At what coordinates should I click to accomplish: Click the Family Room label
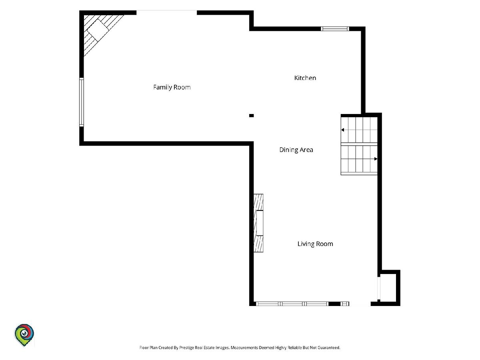(172, 88)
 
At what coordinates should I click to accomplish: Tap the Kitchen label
(305, 78)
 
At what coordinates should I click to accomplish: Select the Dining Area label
(296, 150)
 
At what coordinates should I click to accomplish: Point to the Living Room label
(315, 244)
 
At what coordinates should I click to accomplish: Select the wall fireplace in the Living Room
(258, 223)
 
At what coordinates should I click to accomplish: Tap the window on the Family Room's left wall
(81, 102)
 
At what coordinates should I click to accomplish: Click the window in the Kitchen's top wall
(335, 29)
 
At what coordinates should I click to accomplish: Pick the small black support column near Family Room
(252, 116)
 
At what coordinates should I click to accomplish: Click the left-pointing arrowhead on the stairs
(343, 130)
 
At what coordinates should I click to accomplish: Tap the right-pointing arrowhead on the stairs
(376, 159)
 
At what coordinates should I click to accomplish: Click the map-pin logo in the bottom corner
(24, 335)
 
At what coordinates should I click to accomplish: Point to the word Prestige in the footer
(185, 348)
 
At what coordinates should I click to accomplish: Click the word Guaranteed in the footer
(329, 348)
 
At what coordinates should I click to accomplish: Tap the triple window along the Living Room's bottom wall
(292, 304)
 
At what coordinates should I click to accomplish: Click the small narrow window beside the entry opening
(345, 304)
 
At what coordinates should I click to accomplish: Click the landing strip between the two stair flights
(359, 144)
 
